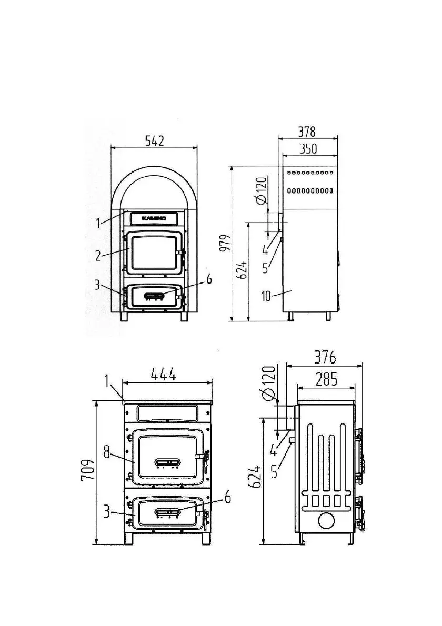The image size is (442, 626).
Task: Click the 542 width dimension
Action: point(154,140)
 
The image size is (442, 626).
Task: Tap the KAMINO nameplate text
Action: point(154,218)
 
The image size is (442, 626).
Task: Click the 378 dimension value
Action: point(307,132)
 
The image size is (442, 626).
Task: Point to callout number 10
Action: point(266,296)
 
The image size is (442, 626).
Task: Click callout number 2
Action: point(98,255)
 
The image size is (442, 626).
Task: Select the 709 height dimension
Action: point(88,469)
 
